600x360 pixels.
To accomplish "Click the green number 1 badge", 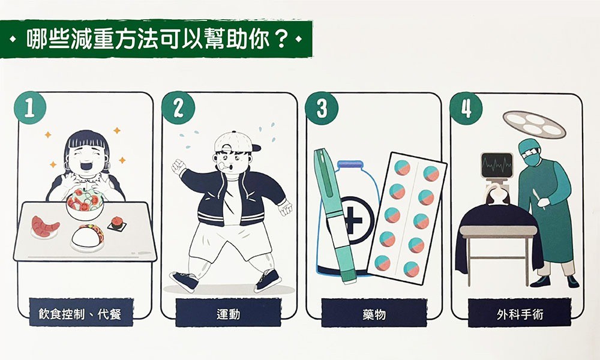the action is [x=30, y=108].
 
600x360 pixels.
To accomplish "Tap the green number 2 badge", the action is [x=178, y=108].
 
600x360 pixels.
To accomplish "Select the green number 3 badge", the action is [x=322, y=108].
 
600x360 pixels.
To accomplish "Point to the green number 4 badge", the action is [x=466, y=108].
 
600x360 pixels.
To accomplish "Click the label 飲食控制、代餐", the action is [x=80, y=314].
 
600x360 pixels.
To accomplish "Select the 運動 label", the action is [x=229, y=314].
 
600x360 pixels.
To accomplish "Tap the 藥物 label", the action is [x=374, y=314].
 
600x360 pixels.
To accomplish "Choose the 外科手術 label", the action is [x=520, y=314].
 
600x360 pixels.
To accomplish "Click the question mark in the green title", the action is [x=281, y=38].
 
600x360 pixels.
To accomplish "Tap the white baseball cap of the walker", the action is [x=235, y=142].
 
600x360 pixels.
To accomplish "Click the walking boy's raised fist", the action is [x=178, y=167].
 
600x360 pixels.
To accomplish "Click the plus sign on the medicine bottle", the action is [x=353, y=221].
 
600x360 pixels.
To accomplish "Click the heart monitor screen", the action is [x=497, y=165].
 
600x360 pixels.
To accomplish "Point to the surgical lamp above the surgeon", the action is [x=534, y=124].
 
